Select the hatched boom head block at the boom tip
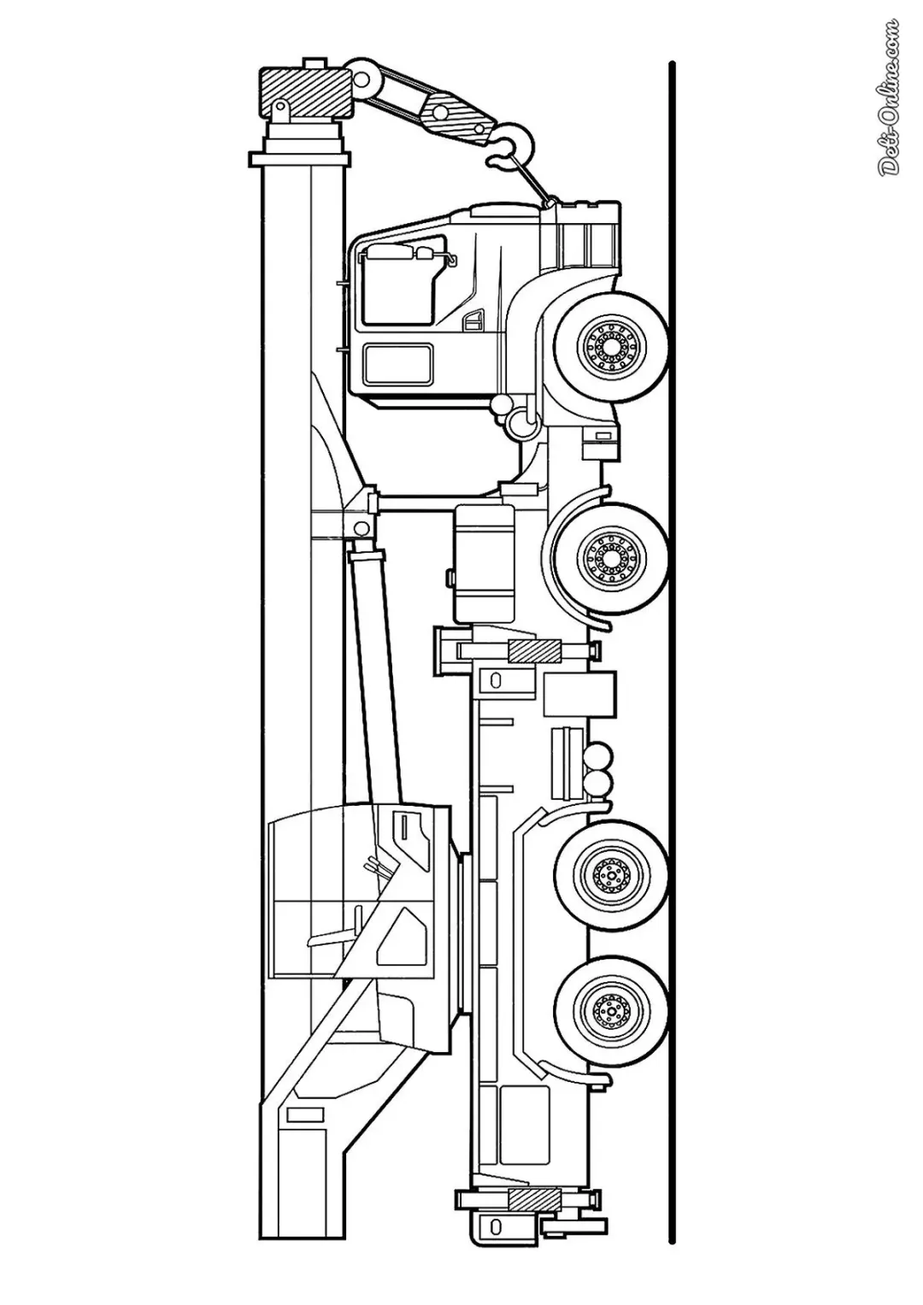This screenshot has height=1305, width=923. point(305,92)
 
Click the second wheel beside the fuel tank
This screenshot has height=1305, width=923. point(611,556)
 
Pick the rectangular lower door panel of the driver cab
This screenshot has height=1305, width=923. point(399,363)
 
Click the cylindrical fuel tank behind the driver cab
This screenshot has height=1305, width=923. point(485,563)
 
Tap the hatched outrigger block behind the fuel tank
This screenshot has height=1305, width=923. point(535,650)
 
